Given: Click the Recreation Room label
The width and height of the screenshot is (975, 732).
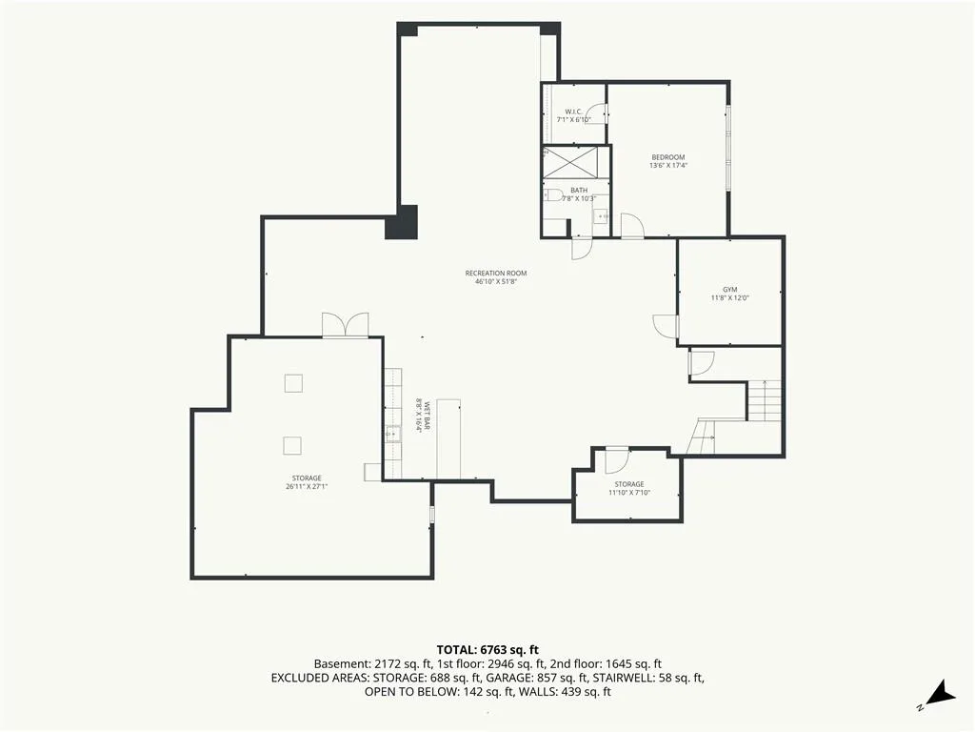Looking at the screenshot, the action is (x=495, y=273).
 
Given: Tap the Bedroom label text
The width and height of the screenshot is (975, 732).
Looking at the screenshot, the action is (x=667, y=157).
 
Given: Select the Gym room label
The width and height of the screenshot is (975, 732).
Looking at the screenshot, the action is (x=730, y=290).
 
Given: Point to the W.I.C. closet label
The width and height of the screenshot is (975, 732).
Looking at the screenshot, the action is (x=573, y=112).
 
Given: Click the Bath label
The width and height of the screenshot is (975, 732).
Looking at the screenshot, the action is (x=579, y=191).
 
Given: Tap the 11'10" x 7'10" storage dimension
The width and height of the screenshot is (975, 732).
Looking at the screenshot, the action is (x=629, y=493).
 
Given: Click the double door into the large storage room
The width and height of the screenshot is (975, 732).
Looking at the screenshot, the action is (x=345, y=325).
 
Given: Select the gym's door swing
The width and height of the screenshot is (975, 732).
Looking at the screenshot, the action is (x=665, y=326).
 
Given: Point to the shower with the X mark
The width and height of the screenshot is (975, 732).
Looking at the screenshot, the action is (x=570, y=162).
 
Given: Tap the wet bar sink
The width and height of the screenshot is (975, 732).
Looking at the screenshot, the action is (x=393, y=434).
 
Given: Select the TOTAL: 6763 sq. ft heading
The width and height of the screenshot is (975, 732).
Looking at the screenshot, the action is (x=487, y=650).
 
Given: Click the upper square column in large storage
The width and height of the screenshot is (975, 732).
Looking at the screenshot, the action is (x=293, y=383).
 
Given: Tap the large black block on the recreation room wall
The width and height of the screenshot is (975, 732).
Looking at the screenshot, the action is (x=401, y=221).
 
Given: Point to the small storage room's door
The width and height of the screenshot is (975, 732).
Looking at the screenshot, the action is (x=616, y=460).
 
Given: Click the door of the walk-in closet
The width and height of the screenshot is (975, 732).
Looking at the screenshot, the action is (x=596, y=113).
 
